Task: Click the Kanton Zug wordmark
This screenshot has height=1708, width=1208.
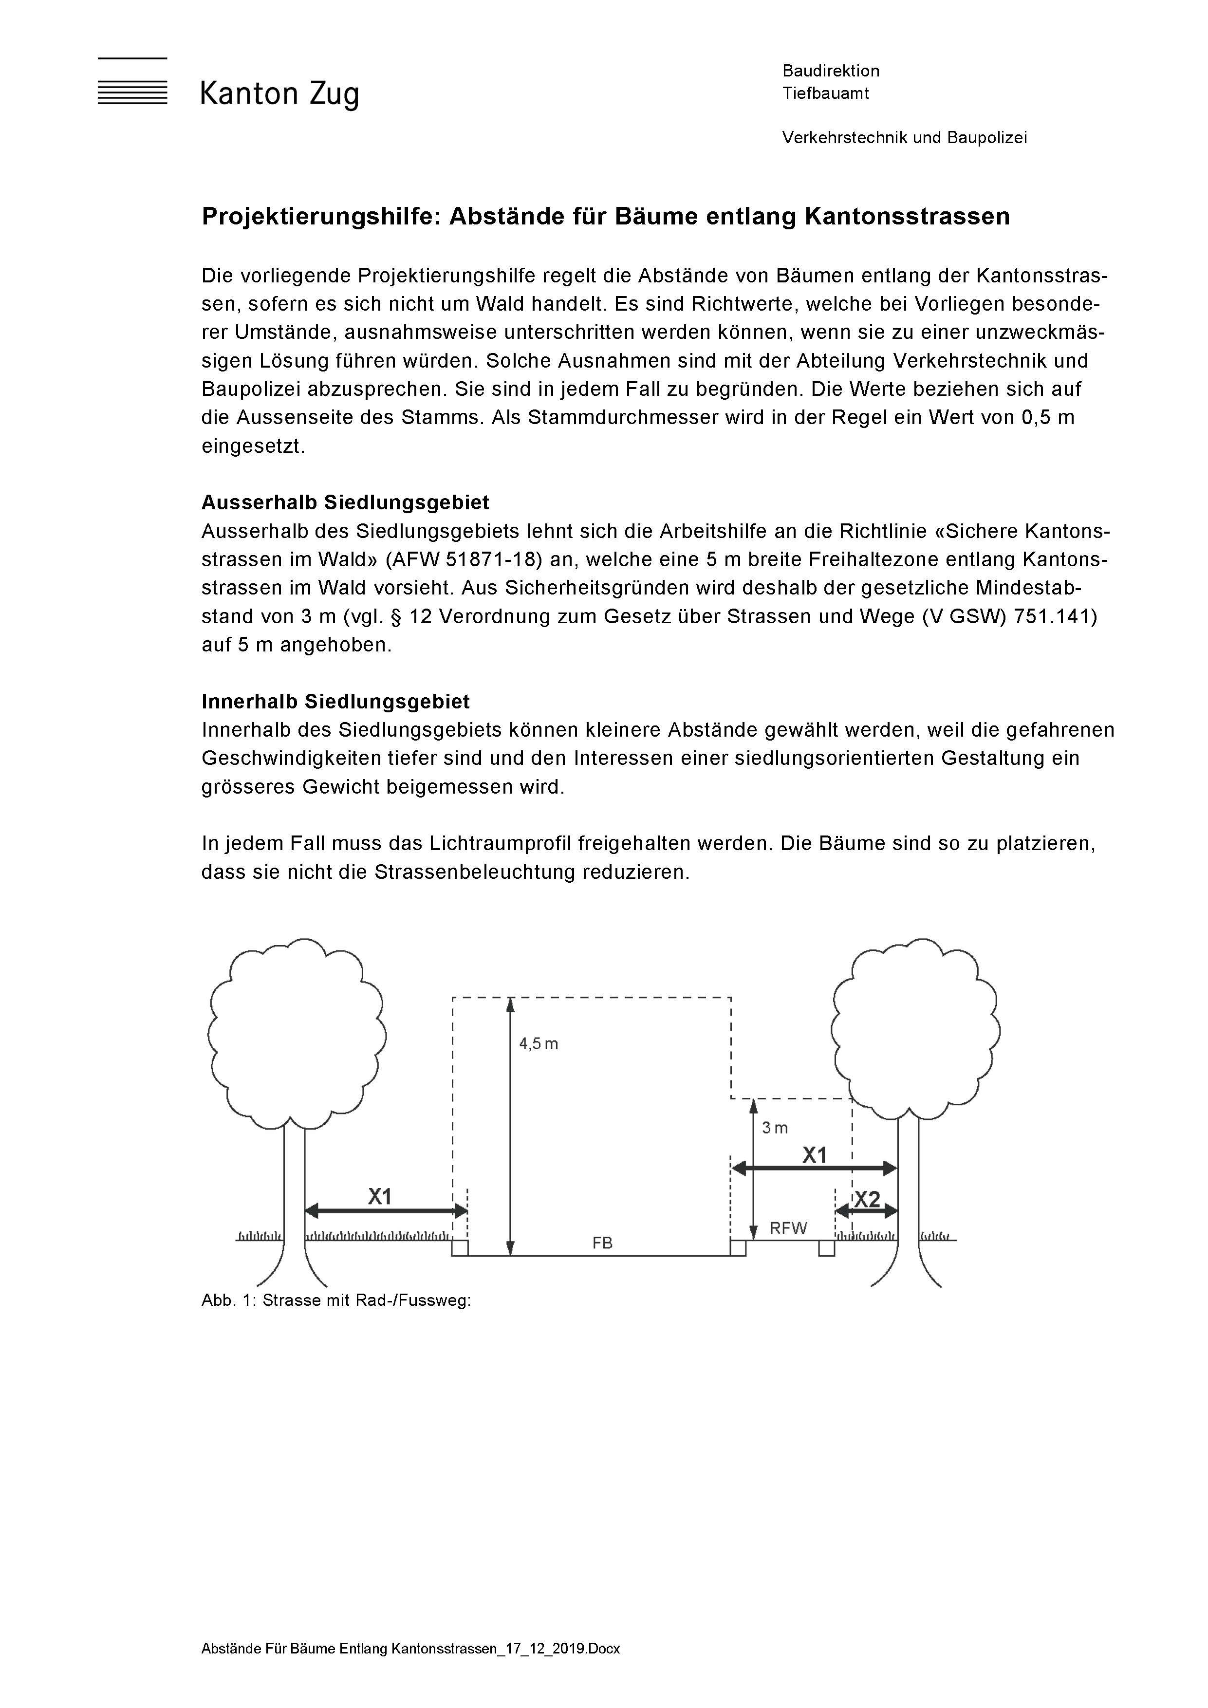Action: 279,94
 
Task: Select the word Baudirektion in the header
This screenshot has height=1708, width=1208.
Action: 831,71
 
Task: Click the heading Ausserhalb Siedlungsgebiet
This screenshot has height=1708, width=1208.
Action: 345,503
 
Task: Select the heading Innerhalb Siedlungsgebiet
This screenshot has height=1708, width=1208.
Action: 335,702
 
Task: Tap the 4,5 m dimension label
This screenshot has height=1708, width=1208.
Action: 539,1044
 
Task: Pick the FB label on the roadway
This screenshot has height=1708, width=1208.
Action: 602,1243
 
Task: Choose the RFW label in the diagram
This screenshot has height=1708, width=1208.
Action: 788,1228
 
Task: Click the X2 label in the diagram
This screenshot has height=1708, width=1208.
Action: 867,1200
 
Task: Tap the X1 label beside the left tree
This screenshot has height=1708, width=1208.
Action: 380,1197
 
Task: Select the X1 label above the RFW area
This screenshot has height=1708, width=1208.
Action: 815,1155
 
